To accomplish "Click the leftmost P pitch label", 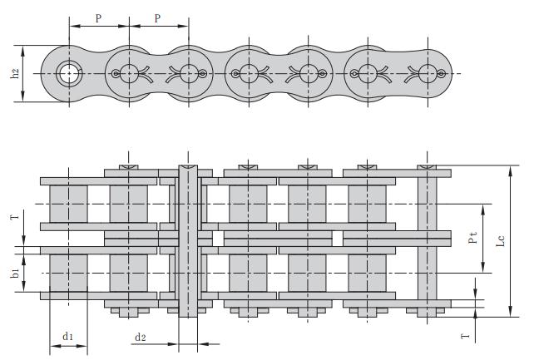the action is tap(98, 18).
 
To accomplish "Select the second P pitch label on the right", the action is tap(157, 18).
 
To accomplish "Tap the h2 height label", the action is tap(15, 73).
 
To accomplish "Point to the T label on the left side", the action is tap(15, 215).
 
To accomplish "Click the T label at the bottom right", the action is tap(465, 336).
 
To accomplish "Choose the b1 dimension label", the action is tap(15, 272).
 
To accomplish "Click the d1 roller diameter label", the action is tap(67, 336).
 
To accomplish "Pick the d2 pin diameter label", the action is tap(141, 337).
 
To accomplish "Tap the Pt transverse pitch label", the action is tap(472, 237).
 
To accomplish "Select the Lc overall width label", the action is tap(500, 240).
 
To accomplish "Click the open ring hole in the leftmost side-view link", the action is tap(69, 73).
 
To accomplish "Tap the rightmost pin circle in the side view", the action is tap(428, 73).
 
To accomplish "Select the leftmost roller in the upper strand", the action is tap(68, 204).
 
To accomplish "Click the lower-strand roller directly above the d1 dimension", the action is tap(68, 273).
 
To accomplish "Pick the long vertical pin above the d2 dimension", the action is tap(188, 241).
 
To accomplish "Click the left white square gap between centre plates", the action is tap(218, 239).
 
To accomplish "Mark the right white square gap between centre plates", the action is tap(338, 239).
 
